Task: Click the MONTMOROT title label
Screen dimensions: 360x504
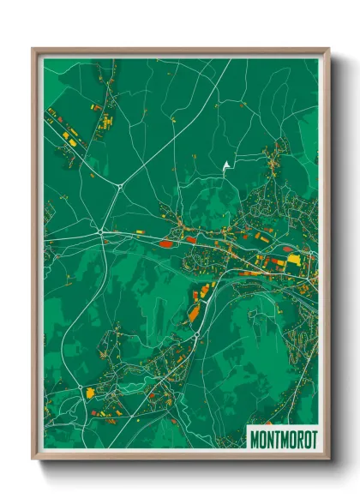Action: point(283,440)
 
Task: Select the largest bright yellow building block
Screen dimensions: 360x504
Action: point(293,259)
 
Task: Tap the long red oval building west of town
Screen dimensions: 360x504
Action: point(166,243)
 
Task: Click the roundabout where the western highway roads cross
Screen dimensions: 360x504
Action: point(100,231)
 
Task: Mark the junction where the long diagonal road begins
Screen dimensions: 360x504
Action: point(119,184)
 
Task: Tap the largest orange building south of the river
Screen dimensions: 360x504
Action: point(194,313)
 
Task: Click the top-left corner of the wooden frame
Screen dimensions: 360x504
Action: point(33,49)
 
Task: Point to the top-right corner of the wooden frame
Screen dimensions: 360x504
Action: point(328,49)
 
